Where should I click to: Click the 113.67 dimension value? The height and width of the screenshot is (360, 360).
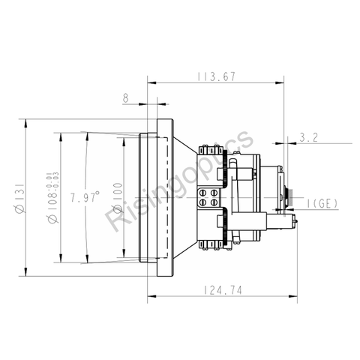tap(217, 75)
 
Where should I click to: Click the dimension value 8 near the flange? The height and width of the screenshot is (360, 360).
tap(125, 97)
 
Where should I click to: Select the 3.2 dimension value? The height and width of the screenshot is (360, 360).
tap(308, 137)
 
